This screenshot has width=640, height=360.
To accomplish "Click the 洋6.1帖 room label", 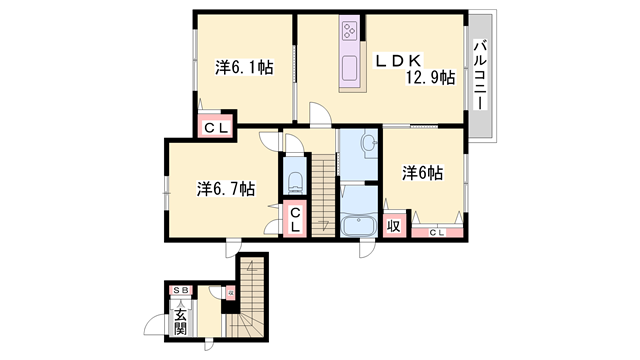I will coord(245,68).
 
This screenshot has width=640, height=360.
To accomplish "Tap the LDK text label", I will coord(397,60).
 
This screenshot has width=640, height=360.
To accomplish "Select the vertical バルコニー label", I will coord(480,76).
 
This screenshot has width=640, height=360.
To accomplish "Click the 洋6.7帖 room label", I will coord(225,187).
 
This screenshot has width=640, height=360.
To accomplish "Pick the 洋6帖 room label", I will coord(423,173).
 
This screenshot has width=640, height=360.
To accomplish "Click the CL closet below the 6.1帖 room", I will coord(215,128).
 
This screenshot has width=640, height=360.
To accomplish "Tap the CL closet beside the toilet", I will coord(296,220).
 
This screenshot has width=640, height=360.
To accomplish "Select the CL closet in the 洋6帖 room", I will coord(438,233).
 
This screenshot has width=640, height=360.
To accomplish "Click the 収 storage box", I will coord(394,226).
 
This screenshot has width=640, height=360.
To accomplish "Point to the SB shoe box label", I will coord(181,290).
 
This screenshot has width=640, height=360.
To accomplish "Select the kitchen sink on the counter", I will coord(350,70).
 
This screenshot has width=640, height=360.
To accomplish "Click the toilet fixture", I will coord(295,181).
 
